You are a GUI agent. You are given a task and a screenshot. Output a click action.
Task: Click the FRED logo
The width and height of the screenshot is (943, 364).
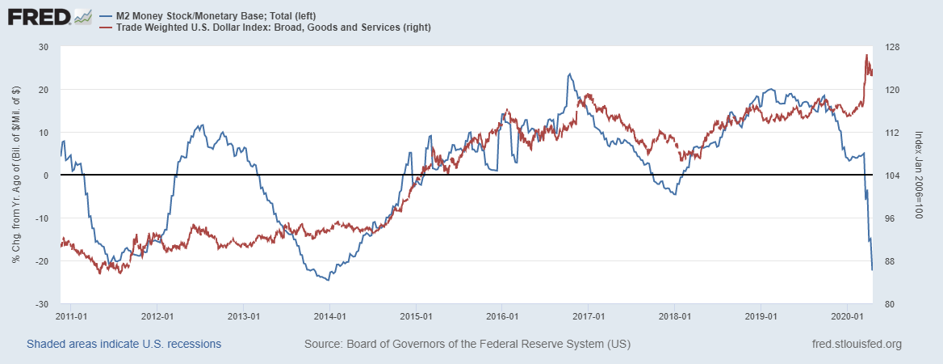coord(48,17)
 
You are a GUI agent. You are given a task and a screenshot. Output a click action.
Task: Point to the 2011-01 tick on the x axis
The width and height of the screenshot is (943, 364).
coord(73,315)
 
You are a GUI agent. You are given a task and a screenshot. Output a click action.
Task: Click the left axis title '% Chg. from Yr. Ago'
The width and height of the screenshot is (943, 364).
coord(16,176)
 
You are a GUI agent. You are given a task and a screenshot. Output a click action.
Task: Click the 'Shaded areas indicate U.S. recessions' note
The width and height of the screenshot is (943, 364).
coord(124,345)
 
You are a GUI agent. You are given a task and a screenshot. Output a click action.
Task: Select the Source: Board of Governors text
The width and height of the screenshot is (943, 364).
coord(467,345)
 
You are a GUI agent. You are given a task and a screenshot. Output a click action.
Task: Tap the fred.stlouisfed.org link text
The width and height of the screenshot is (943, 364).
coord(856,345)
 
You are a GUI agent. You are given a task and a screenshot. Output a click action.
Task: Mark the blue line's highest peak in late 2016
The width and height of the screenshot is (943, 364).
coord(570,74)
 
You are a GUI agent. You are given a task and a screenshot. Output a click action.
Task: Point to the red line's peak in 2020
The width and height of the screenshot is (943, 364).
coord(866,55)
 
